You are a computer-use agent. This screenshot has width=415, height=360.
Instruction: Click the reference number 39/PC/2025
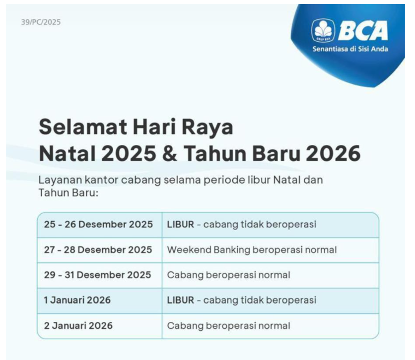coord(41,22)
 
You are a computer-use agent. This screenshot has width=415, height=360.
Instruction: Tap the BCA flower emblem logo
coord(323,30)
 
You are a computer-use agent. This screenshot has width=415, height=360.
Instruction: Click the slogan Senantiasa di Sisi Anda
coord(350,49)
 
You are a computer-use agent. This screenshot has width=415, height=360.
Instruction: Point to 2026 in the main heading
coord(333,153)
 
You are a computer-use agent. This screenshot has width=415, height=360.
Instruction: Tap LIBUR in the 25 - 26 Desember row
coord(181,225)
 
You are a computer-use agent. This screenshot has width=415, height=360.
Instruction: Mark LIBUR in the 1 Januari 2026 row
coord(181,300)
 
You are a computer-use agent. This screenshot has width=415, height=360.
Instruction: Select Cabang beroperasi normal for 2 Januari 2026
coord(228,326)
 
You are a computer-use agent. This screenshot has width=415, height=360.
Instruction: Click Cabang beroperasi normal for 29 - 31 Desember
coord(228,275)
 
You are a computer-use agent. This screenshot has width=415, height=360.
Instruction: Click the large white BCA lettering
coord(362,30)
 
